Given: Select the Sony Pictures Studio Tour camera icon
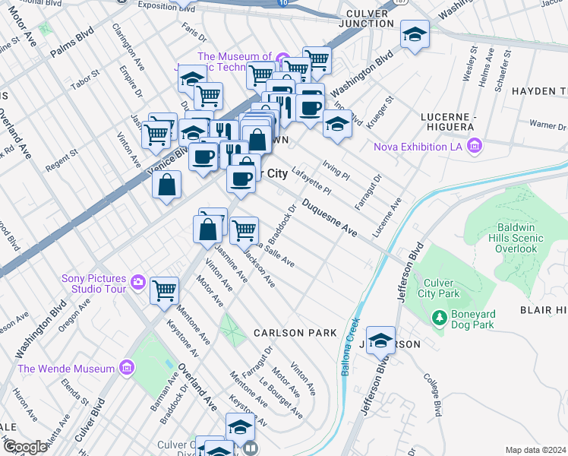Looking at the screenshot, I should click(x=137, y=282).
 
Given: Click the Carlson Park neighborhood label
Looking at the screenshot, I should click(x=295, y=333).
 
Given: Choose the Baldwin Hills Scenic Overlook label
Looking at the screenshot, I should click(x=520, y=238).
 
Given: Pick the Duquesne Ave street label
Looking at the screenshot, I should click(x=329, y=217).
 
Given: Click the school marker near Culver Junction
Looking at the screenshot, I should click(x=415, y=34).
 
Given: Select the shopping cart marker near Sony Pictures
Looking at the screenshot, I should click(x=164, y=290).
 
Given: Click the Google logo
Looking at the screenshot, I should click(x=25, y=447).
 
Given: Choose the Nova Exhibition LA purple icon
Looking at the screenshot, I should click(x=475, y=145).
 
